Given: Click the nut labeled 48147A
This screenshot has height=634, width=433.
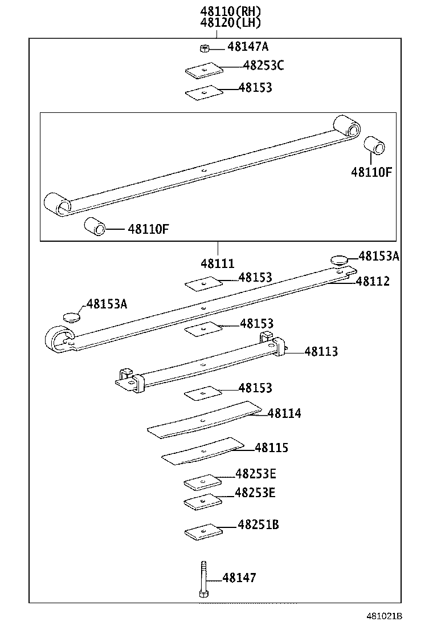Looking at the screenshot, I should click(204, 47).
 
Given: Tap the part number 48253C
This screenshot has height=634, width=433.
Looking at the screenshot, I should click(263, 66).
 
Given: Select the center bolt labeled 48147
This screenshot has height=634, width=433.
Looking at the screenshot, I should click(203, 579).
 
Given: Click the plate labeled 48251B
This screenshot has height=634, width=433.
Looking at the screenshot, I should click(202, 531).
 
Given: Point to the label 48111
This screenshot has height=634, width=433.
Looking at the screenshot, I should click(217, 264).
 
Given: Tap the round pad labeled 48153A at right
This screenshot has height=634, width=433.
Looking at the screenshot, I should click(340, 260).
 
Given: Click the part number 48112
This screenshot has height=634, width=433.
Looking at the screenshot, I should click(373, 281).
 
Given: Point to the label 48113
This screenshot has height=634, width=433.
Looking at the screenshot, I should click(321, 351).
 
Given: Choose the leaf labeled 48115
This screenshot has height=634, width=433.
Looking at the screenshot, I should click(203, 450).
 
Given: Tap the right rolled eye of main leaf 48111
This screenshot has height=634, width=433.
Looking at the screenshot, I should click(347, 126).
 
